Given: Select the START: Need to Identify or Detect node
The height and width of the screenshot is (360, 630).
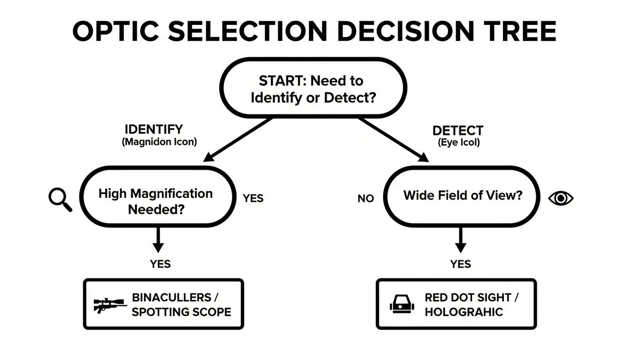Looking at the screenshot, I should (x=313, y=89).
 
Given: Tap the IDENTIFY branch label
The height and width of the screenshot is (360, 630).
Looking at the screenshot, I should (x=154, y=129).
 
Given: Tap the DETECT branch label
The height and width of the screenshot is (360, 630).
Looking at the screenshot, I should (x=457, y=131).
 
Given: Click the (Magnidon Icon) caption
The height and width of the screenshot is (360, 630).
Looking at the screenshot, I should (x=159, y=142).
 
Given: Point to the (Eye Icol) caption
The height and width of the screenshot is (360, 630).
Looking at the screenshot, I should (x=458, y=143).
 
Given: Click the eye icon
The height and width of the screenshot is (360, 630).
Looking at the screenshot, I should (x=561, y=198).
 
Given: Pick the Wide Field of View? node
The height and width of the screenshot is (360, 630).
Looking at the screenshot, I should (x=462, y=196).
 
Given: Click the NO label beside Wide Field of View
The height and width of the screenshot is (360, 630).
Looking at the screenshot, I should (x=366, y=199).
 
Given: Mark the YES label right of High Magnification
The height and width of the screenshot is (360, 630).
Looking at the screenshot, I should (x=253, y=198).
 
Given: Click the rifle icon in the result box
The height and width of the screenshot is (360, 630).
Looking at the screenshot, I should (x=110, y=305).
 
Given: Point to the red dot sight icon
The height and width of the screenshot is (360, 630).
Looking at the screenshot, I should (x=402, y=305).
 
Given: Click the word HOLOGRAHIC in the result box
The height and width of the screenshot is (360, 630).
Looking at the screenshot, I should (x=464, y=312).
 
